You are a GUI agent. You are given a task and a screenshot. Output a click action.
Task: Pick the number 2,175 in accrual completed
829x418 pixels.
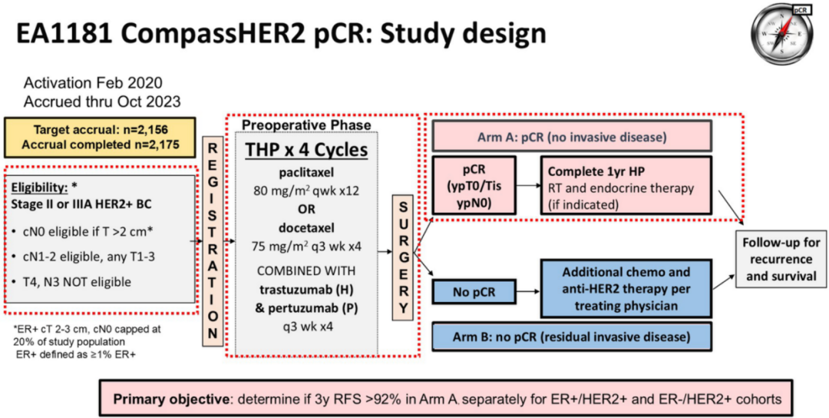165,144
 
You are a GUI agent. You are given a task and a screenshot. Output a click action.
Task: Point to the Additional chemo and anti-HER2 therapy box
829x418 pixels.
626,288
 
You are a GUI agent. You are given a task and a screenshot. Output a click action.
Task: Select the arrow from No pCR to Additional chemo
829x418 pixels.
528,291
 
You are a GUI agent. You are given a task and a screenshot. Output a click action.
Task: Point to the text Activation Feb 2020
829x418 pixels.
93,83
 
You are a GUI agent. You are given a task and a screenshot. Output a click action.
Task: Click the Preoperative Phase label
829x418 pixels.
306,124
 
